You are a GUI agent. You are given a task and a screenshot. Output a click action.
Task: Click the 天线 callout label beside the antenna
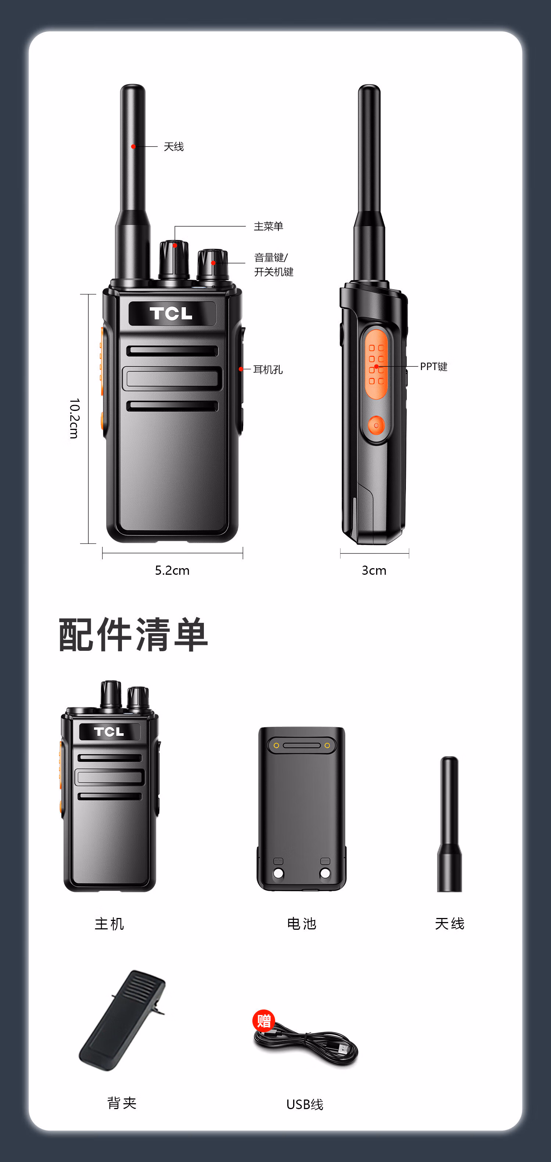[x=174, y=147]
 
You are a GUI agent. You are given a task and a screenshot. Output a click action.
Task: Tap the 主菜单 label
[x=268, y=226]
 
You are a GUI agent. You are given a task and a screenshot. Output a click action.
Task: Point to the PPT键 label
[x=433, y=366]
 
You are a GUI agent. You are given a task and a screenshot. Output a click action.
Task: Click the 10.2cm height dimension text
[x=74, y=418]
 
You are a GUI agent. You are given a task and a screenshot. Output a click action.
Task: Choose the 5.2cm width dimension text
[x=172, y=570]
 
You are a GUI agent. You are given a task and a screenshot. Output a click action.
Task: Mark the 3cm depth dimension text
[x=374, y=570]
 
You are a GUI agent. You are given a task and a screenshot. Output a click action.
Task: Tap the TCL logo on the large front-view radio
[x=171, y=313]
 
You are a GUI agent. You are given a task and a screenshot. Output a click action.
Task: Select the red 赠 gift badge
[x=264, y=1021]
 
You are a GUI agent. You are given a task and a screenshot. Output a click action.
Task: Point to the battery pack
[x=302, y=809]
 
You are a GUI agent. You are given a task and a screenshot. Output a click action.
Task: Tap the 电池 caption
[x=302, y=923]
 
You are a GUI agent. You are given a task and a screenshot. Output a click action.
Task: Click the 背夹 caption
[x=122, y=1103]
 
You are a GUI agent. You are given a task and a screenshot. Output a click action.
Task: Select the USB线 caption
[x=305, y=1104]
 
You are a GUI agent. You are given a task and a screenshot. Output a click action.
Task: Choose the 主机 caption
[x=109, y=923]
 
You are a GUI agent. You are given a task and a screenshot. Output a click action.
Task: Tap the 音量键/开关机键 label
[x=274, y=264]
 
